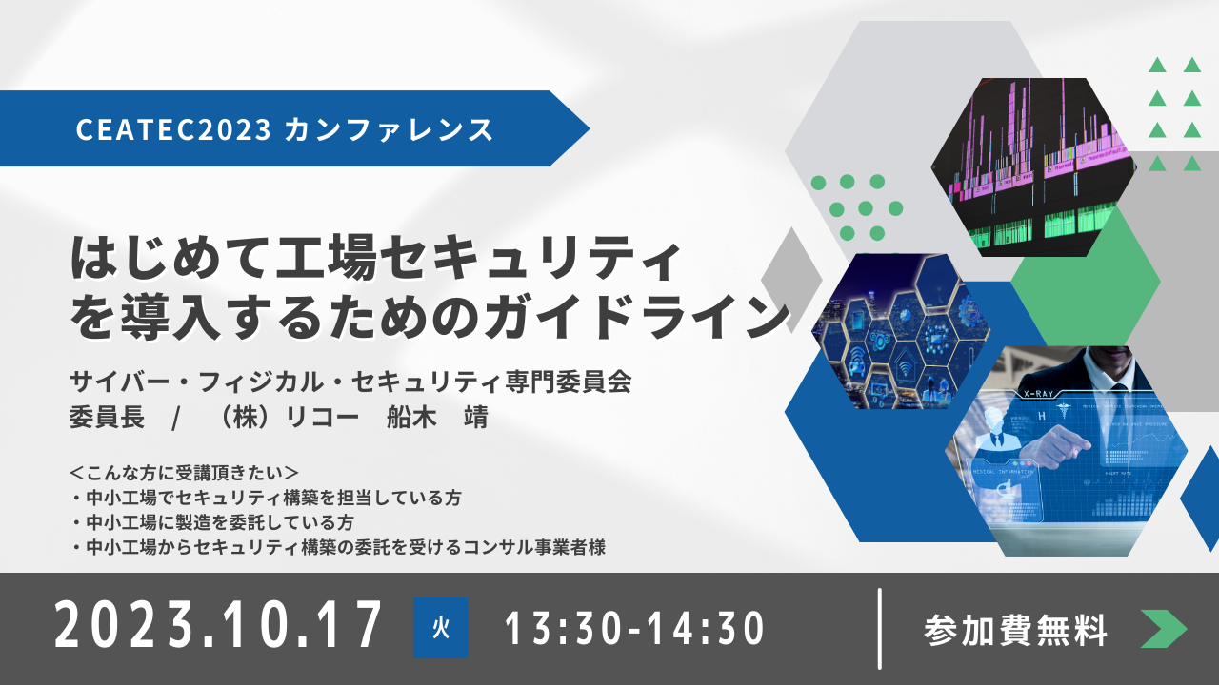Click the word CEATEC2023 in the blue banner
173,130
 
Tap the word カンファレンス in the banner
389,130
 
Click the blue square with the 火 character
441,628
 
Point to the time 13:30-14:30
634,629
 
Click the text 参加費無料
1015,631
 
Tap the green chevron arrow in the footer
1164,629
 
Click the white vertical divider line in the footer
879,629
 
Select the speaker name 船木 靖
437,418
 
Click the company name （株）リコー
287,418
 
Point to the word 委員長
107,418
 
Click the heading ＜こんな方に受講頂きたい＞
185,473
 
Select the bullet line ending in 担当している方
266,498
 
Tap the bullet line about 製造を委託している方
212,522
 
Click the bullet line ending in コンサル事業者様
338,547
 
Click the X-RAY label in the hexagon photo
1038,394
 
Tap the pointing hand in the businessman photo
1054,447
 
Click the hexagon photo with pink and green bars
1033,166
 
